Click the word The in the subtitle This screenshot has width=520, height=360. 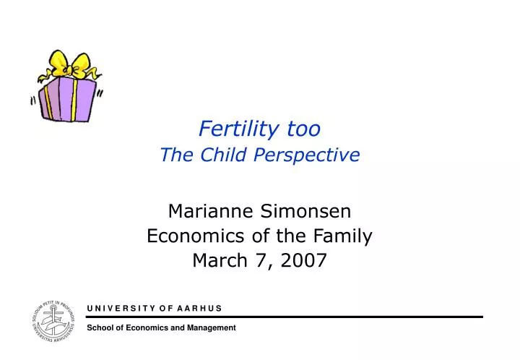173,154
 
